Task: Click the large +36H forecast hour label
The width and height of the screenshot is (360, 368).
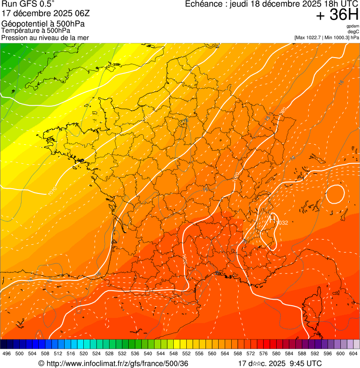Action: [x=337, y=15]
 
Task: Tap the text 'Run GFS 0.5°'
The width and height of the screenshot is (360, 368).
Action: [x=29, y=4]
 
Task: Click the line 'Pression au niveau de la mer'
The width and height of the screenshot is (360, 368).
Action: [x=45, y=37]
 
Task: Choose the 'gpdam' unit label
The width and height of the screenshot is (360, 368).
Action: [x=353, y=27]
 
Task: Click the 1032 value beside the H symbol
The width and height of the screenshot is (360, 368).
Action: [x=282, y=223]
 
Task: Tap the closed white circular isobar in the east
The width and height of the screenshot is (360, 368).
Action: [x=335, y=194]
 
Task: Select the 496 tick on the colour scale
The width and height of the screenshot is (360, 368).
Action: [x=7, y=353]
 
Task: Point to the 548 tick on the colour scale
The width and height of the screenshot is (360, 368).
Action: [x=174, y=353]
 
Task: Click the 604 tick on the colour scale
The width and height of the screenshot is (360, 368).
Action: [x=353, y=353]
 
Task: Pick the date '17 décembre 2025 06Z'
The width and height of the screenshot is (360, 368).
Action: [x=43, y=13]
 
